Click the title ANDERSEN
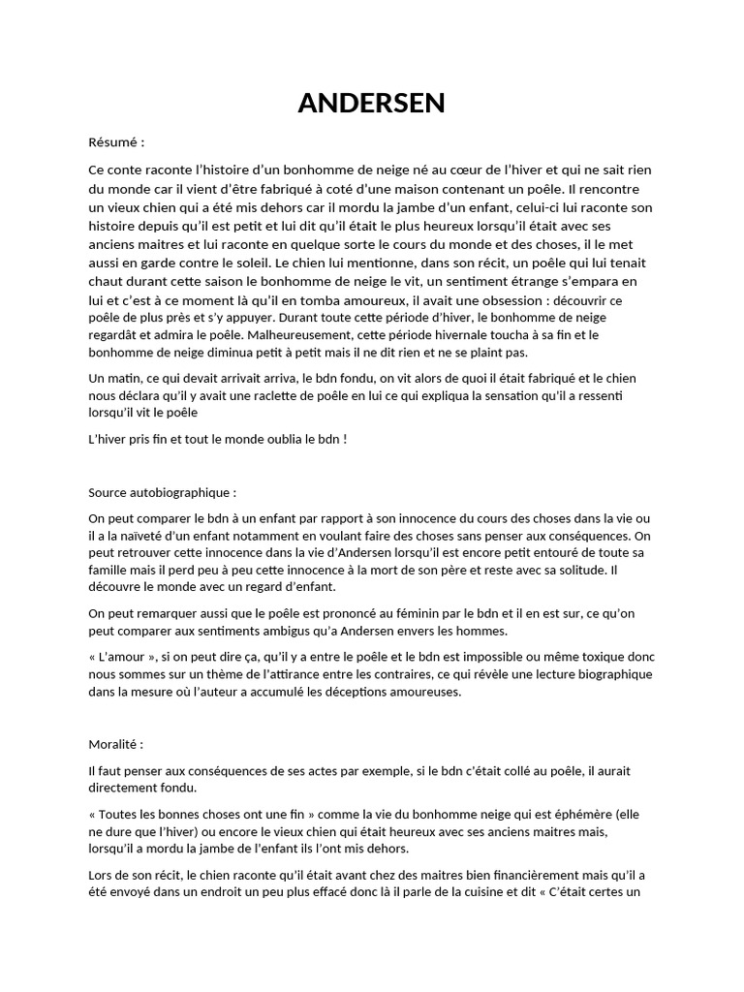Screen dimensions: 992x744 tap(371, 104)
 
